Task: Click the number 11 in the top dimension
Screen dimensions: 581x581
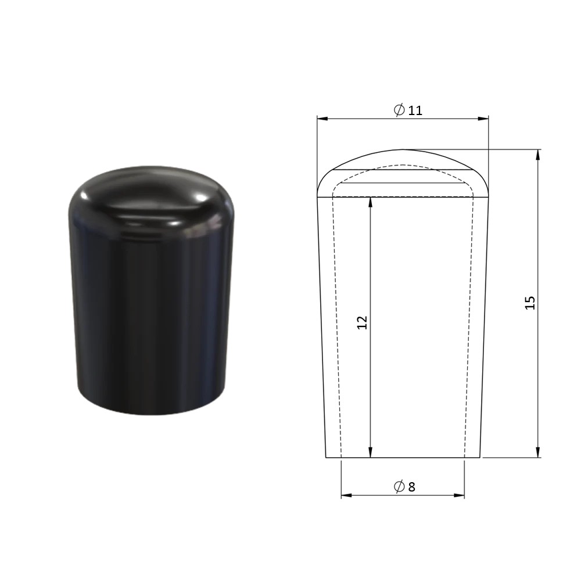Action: [x=415, y=110]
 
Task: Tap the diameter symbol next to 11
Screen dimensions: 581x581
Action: [x=399, y=110]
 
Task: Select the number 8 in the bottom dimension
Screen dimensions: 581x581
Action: [x=412, y=487]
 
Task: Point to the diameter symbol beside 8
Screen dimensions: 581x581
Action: [x=399, y=486]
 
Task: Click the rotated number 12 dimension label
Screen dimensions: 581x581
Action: [x=362, y=322]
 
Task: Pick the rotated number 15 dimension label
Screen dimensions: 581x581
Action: [x=530, y=303]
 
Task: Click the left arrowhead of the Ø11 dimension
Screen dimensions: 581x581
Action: [x=322, y=119]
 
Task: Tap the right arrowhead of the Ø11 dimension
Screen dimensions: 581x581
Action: [x=483, y=119]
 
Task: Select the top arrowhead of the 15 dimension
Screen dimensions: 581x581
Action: [x=538, y=155]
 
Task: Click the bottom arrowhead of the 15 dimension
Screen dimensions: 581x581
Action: [x=538, y=452]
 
